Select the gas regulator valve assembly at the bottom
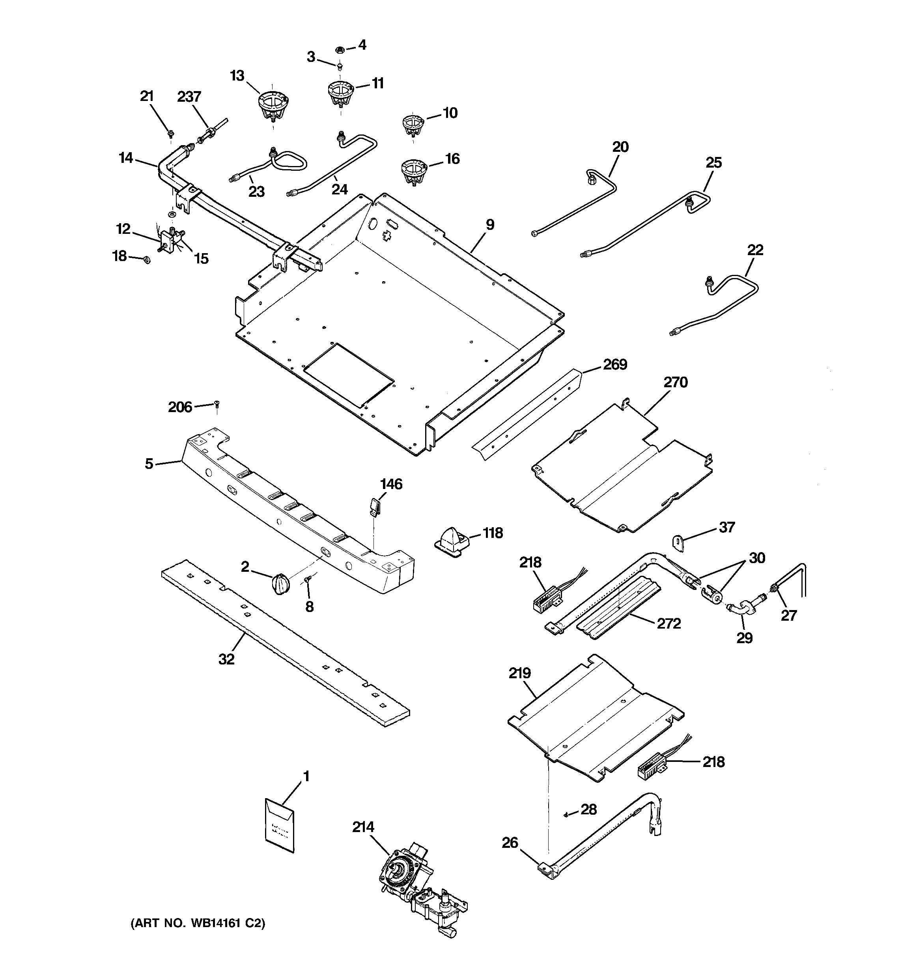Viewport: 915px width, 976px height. pos(418,884)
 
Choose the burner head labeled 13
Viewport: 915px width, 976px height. pos(273,106)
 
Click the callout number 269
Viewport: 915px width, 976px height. pos(615,364)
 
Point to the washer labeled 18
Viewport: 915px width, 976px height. pos(146,259)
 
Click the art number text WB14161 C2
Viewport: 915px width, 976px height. pos(198,923)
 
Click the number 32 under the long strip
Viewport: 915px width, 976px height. pos(226,659)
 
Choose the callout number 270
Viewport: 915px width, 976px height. pos(676,382)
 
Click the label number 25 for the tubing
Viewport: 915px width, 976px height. pos(713,162)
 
